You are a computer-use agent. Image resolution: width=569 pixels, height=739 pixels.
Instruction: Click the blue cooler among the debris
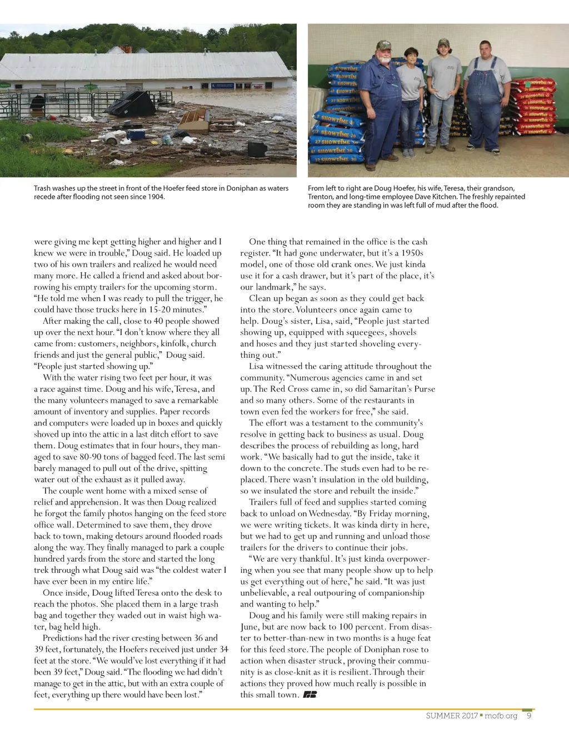[136, 134]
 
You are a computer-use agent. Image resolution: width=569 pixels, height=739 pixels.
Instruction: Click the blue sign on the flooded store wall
[222, 86]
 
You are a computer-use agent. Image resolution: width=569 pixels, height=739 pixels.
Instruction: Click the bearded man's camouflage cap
[383, 44]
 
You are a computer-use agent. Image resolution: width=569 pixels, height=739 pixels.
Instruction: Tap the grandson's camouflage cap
[443, 42]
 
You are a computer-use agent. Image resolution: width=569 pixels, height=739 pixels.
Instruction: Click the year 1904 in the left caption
[156, 197]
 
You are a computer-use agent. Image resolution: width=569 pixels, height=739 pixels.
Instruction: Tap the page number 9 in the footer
[529, 716]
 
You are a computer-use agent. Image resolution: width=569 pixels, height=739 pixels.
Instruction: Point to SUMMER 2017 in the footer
[452, 716]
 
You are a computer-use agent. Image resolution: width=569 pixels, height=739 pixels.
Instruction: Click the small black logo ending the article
[310, 695]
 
